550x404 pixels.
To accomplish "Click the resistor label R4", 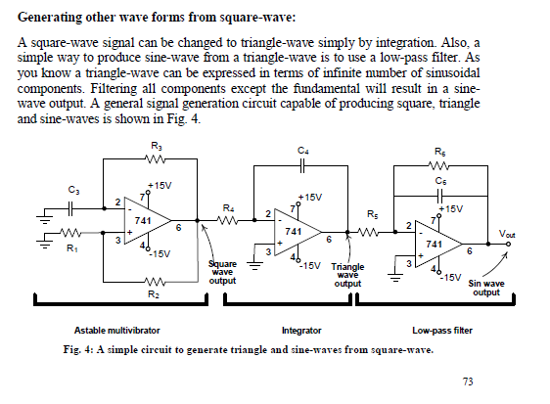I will click(x=228, y=207).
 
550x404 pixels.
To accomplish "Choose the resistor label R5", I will click(x=371, y=212).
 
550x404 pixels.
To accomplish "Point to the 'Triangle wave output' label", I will click(x=348, y=275).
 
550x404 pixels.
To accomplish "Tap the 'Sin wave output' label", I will click(x=486, y=287).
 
